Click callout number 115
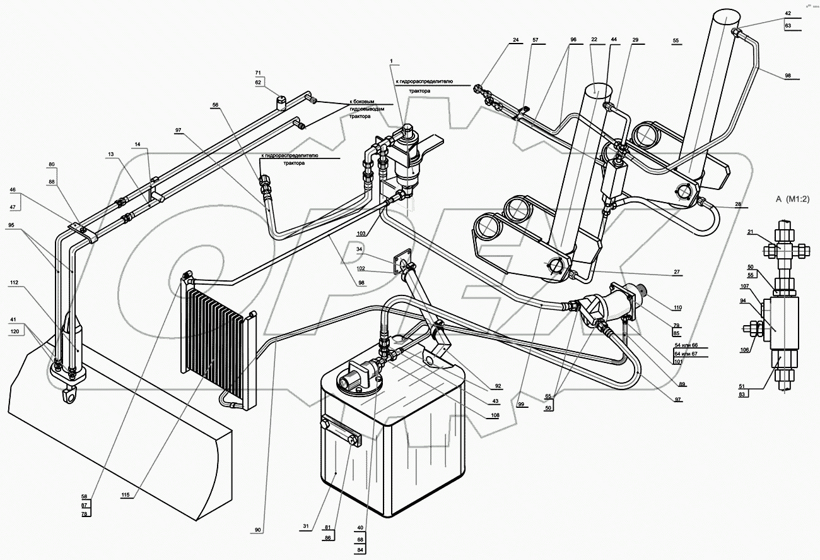[126, 495]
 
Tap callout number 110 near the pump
[677, 307]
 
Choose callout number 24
[515, 40]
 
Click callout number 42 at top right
[788, 13]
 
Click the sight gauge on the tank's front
[341, 432]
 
